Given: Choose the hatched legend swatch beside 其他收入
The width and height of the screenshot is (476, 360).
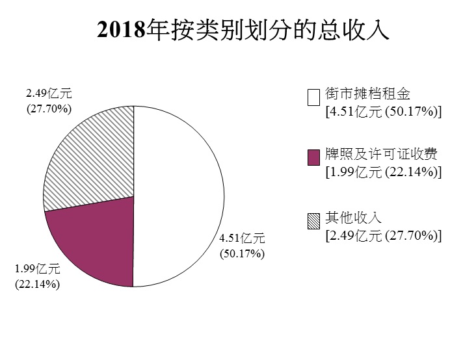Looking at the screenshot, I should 313,221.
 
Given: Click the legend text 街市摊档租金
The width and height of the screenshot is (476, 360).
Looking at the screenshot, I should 367,95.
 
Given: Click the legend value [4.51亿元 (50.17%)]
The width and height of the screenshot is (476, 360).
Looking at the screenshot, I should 383,112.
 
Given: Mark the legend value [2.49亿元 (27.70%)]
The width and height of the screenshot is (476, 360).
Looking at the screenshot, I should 383,235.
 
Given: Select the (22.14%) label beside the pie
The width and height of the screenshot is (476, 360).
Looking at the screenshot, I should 38,283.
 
